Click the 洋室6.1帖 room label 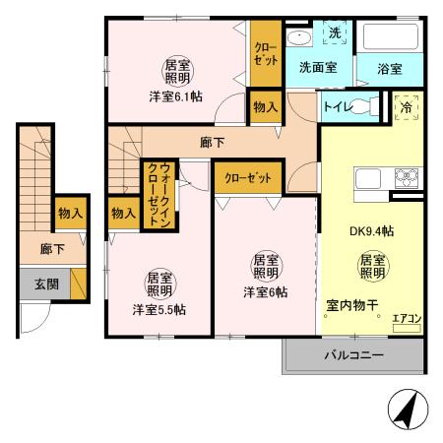point(176,96)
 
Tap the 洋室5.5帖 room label point(158,308)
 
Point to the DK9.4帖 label point(372,232)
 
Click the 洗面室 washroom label point(318,69)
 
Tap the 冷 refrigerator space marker point(406,107)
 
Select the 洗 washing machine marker point(334,33)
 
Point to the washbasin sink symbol point(299,38)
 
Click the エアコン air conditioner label point(406,318)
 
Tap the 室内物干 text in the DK point(353,304)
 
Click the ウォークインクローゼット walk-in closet point(156,195)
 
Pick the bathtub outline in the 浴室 point(389,37)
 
